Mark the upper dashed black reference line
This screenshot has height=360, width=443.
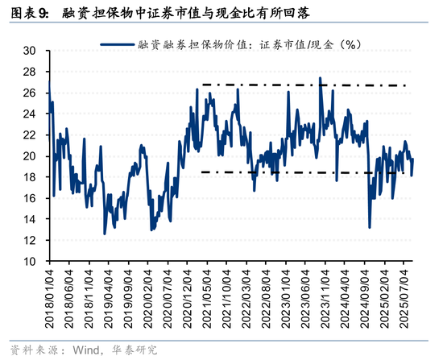pyautogui.click(x=306, y=85)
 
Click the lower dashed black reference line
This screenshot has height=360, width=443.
pyautogui.click(x=306, y=172)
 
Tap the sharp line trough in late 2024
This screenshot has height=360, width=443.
pyautogui.click(x=370, y=227)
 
